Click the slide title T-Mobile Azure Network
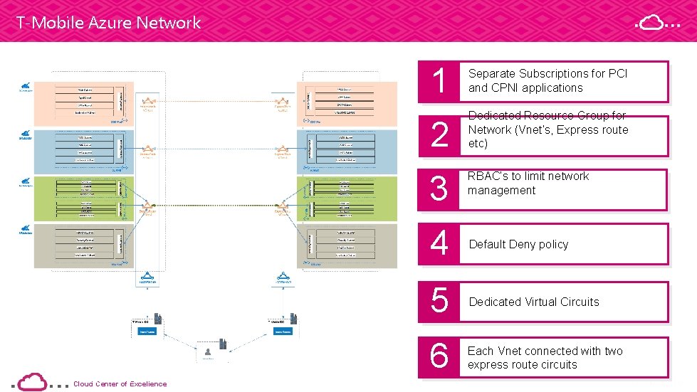pos(109,23)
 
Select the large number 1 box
pos(439,81)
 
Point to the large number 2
pos(439,135)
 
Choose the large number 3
pos(439,189)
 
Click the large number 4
pos(439,244)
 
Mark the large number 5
pos(439,302)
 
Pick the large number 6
pos(439,356)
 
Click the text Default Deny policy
pos(518,245)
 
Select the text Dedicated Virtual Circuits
pos(534,302)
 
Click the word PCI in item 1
pos(617,74)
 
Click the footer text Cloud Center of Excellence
pos(120,384)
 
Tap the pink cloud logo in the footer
pos(32,381)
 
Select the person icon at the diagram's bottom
pos(208,352)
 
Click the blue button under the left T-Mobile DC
pos(147,332)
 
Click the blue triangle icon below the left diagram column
pos(147,275)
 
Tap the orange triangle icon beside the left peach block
pos(147,102)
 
